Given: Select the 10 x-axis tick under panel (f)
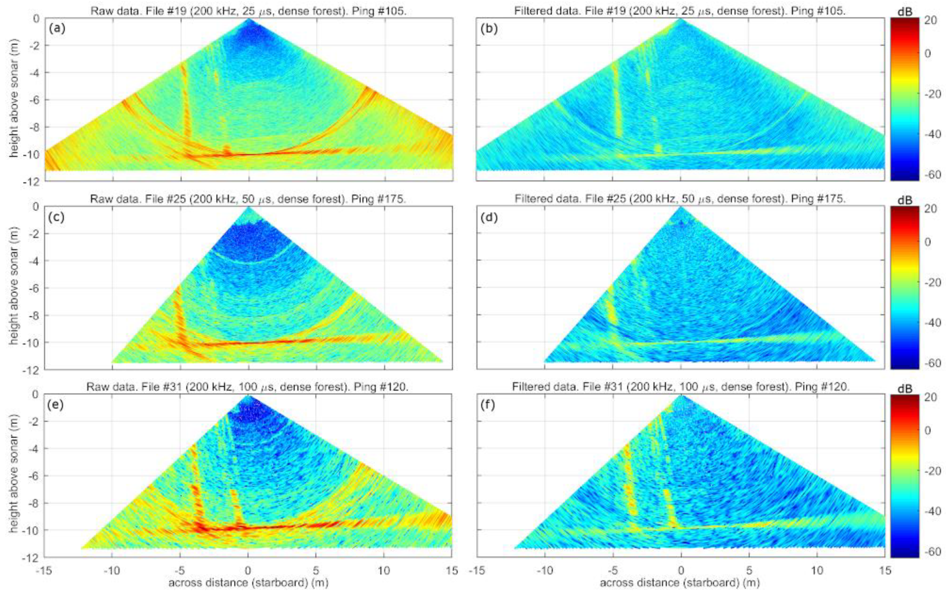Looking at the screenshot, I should point(817,570).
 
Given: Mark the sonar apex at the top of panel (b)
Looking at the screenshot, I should point(681,18).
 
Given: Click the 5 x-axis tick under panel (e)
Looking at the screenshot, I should point(316,570).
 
